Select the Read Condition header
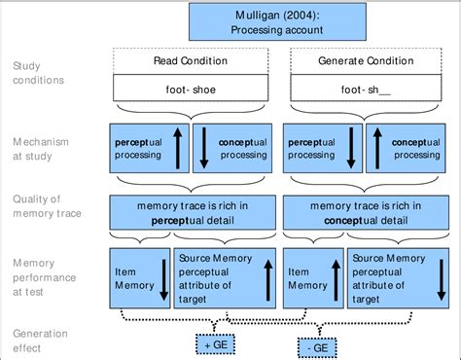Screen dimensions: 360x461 193,61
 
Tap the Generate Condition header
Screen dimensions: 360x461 365,61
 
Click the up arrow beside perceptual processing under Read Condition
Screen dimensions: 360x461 178,148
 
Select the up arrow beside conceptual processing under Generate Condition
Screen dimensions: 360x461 442,148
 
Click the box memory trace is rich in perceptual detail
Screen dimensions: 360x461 193,213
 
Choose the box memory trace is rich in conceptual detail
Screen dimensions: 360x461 365,213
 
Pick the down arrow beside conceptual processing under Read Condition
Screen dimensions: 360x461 205,148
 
